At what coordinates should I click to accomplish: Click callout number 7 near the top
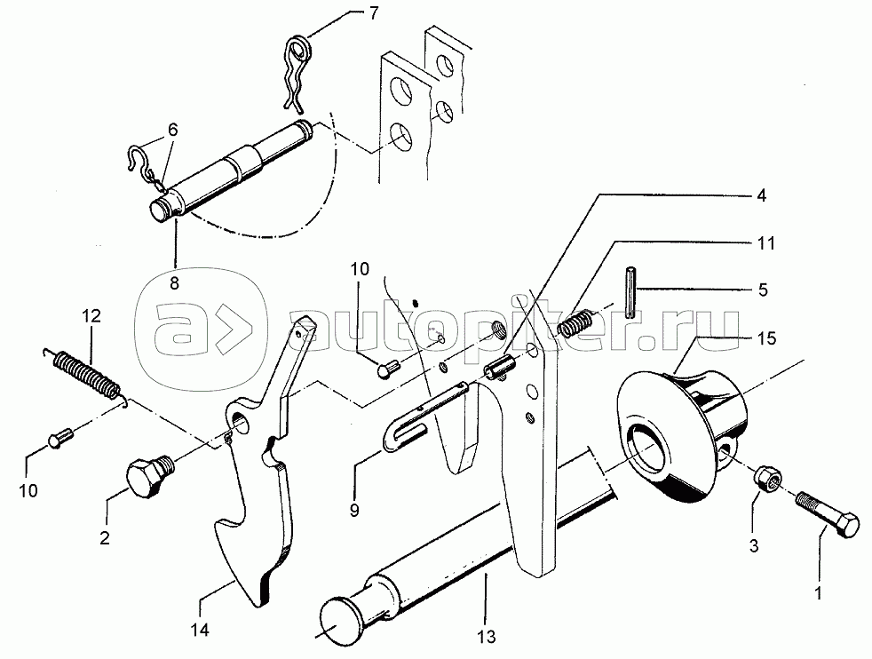click(374, 13)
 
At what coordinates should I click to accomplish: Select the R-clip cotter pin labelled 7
click(298, 72)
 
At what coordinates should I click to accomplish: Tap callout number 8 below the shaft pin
click(175, 283)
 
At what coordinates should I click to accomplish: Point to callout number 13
click(487, 636)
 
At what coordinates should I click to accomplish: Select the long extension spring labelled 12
click(86, 376)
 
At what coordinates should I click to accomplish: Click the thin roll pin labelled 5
click(630, 292)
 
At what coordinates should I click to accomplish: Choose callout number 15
click(767, 338)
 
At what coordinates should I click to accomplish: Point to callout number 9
click(354, 510)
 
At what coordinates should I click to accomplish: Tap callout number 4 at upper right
click(761, 195)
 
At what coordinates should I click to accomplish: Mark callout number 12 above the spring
click(91, 316)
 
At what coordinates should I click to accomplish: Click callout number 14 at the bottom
click(200, 630)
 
